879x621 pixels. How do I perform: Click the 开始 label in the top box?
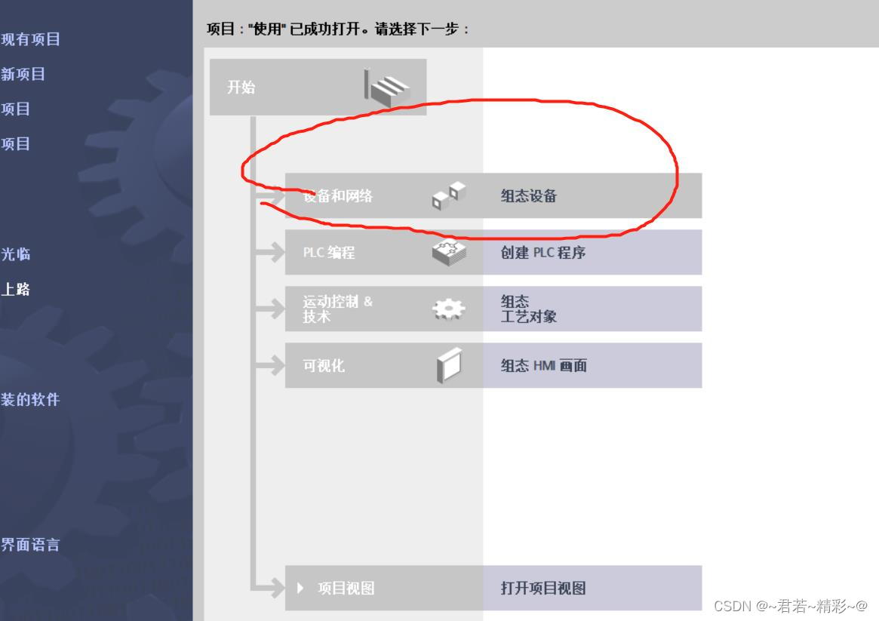click(x=241, y=88)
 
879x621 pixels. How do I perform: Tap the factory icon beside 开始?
click(x=386, y=87)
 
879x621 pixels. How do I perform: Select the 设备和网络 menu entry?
click(x=338, y=196)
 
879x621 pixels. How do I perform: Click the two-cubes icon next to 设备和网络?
click(x=449, y=195)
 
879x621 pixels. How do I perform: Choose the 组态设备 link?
click(x=529, y=196)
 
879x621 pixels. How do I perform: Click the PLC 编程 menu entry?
click(x=329, y=253)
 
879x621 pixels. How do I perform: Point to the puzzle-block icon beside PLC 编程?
click(x=449, y=252)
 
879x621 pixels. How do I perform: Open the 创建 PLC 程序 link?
click(x=543, y=253)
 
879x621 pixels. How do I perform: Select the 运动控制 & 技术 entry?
click(x=337, y=309)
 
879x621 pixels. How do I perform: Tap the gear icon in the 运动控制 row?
click(x=449, y=309)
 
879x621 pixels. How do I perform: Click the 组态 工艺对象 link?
click(x=529, y=309)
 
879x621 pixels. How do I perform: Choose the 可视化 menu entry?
click(x=324, y=366)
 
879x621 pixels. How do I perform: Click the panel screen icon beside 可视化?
click(x=449, y=366)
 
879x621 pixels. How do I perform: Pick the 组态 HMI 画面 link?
click(x=544, y=366)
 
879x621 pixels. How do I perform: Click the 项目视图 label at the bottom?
click(x=346, y=589)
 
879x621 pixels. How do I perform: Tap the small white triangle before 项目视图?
click(x=301, y=588)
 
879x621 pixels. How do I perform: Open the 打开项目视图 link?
click(x=543, y=589)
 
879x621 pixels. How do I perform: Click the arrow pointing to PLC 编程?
click(x=269, y=253)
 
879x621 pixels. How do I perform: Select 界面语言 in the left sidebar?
click(x=30, y=545)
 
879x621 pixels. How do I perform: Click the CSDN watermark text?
click(x=790, y=606)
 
